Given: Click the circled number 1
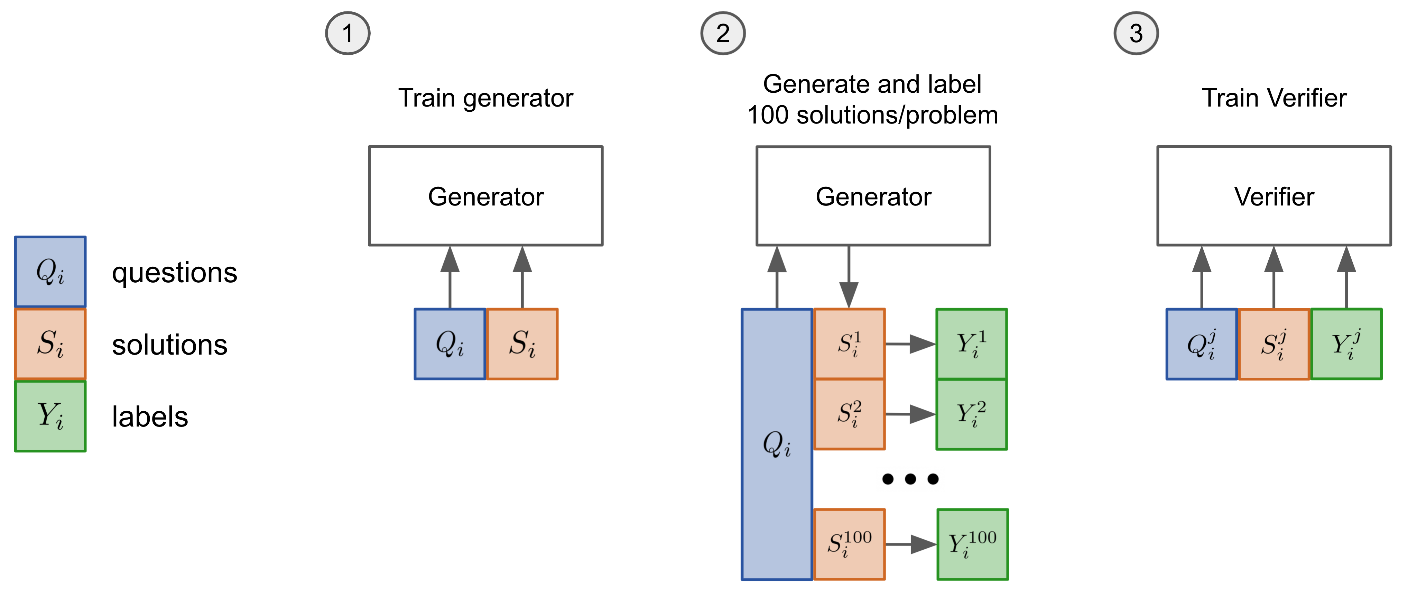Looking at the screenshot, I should coord(348,33).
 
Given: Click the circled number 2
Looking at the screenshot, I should coord(723,33).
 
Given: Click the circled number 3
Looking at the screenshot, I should coord(1136,33).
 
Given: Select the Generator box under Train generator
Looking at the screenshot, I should coord(485,196).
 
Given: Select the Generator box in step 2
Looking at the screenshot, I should coord(873,196).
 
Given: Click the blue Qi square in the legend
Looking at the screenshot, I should coord(50,272).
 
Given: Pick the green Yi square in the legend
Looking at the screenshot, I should coord(50,416).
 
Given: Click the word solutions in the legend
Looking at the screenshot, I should coord(169,345).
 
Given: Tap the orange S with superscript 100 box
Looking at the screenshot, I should coord(849,544).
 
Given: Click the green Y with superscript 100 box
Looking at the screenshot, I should coord(972,544).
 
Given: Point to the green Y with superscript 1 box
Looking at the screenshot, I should coord(971,344).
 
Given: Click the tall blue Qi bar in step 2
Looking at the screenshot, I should coord(777,444).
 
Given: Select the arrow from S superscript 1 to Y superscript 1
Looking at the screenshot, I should coord(910,344).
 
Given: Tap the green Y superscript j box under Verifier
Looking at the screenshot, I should coord(1346,344).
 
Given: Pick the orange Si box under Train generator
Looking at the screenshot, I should coord(522,344).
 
